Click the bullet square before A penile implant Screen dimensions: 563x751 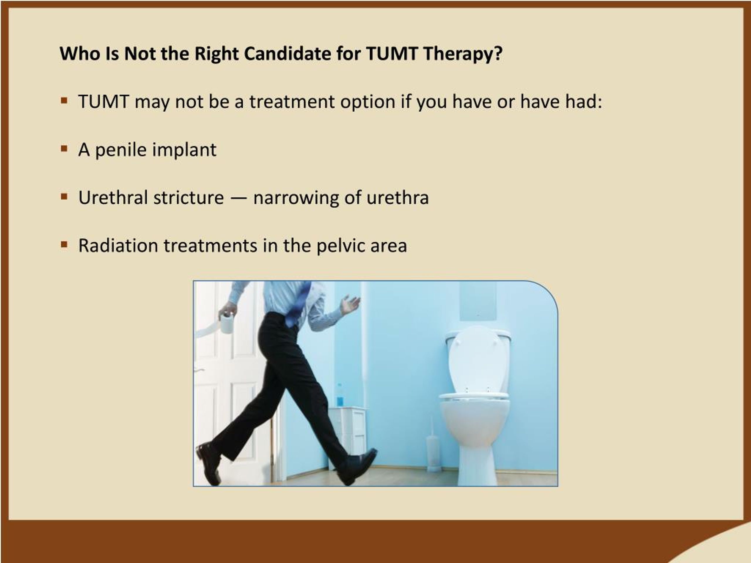64,149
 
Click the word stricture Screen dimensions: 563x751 188,198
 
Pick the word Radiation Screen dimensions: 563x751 118,245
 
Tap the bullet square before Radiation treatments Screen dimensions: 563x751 64,244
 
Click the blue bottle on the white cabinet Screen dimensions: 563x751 339,396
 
